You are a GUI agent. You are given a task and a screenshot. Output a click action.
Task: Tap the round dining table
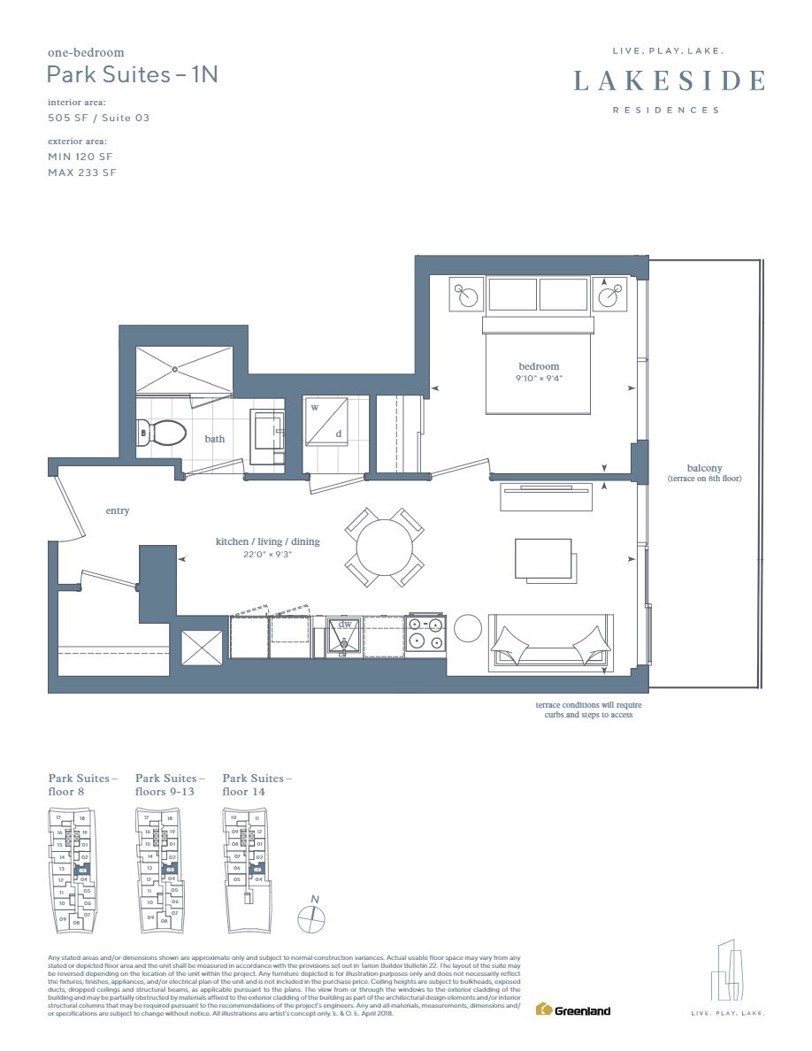click(384, 548)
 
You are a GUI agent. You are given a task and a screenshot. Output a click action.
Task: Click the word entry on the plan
click(117, 510)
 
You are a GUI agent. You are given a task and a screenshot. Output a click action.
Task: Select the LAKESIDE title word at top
click(669, 81)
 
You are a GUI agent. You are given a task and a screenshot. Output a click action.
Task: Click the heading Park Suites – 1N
click(133, 74)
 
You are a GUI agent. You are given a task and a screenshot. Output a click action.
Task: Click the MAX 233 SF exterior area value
click(81, 173)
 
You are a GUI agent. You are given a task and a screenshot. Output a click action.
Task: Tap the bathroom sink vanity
click(266, 436)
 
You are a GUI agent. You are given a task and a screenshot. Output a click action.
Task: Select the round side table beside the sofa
click(466, 628)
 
